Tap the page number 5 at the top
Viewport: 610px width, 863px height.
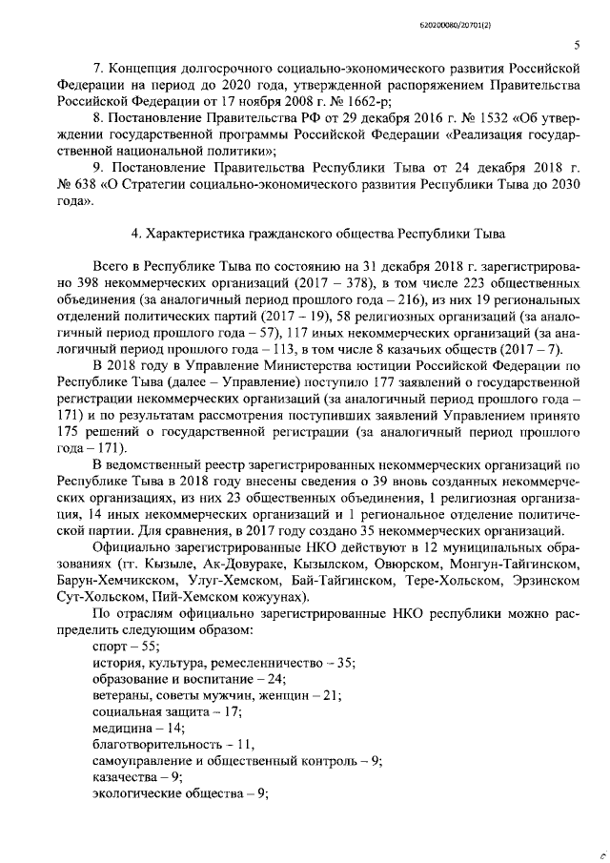577,45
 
